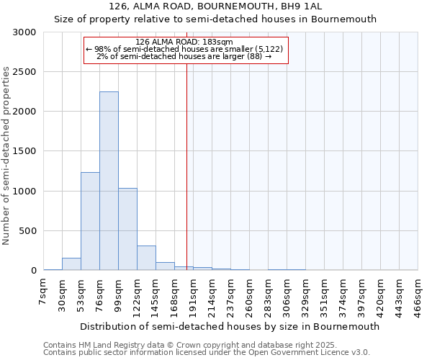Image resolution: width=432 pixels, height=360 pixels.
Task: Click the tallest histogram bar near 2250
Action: [x=109, y=181]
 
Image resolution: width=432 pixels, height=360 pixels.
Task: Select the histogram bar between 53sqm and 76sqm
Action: [x=90, y=221]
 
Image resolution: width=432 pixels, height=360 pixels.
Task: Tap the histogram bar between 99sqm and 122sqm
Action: [x=127, y=229]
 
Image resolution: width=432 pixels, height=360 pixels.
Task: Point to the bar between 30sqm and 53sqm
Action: [x=71, y=264]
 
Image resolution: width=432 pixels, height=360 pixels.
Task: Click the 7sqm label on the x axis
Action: [x=44, y=292]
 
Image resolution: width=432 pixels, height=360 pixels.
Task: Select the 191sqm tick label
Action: [x=194, y=295]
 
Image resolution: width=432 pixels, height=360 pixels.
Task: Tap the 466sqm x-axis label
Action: [x=418, y=295]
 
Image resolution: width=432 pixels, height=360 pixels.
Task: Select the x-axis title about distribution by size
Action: [x=230, y=326]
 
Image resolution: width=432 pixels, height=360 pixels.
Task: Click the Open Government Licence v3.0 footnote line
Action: [x=207, y=353]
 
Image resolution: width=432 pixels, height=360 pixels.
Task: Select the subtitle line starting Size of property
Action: [x=216, y=19]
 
